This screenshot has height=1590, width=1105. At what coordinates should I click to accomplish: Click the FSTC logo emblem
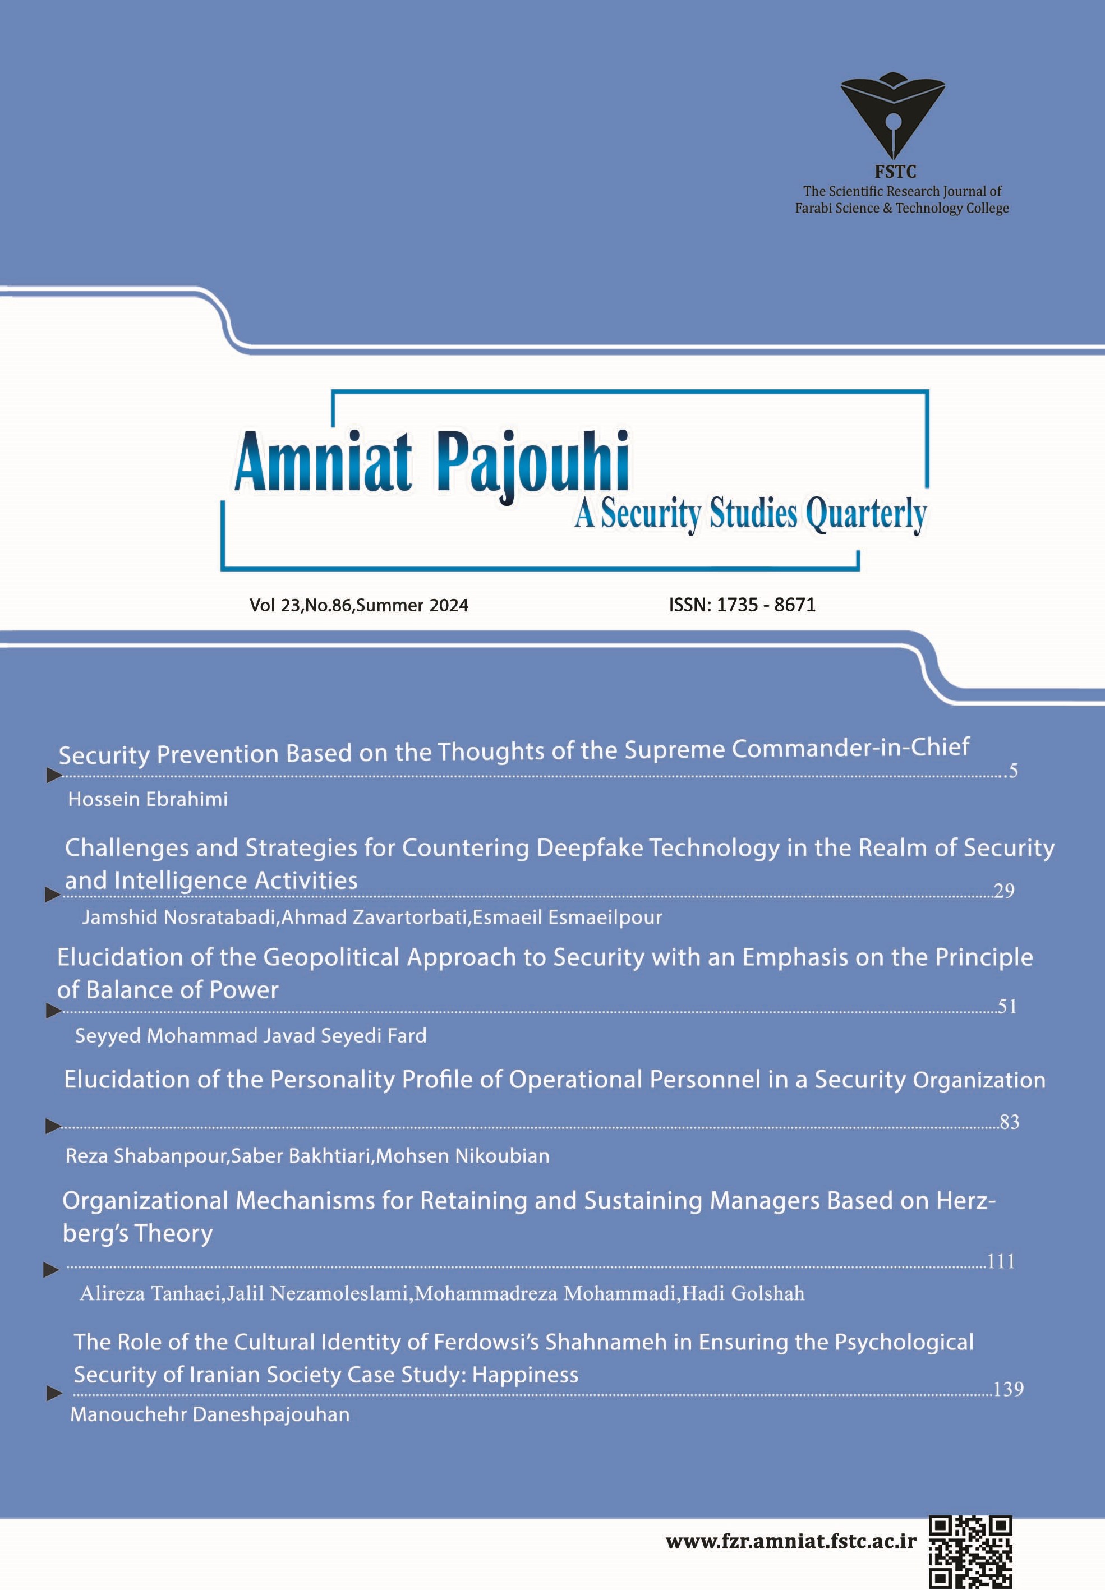click(892, 114)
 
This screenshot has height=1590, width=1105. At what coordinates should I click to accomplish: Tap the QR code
click(970, 1551)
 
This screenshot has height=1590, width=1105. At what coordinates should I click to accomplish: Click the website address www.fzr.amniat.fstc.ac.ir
click(791, 1542)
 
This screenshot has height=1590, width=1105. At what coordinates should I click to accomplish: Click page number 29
click(1003, 891)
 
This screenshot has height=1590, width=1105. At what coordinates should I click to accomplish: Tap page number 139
click(1007, 1389)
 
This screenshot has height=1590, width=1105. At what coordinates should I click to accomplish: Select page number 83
click(1009, 1122)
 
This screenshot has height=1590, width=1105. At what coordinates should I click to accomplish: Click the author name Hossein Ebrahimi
click(148, 800)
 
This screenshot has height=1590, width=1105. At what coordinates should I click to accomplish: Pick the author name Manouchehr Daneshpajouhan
click(210, 1414)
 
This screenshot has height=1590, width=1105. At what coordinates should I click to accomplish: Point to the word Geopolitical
click(331, 957)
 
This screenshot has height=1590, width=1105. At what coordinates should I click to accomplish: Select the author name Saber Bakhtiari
click(302, 1156)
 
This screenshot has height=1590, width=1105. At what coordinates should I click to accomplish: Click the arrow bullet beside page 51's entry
click(53, 1011)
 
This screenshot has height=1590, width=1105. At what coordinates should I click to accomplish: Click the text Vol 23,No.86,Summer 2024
click(358, 606)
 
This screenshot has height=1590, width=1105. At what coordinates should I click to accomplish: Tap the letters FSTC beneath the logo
click(895, 172)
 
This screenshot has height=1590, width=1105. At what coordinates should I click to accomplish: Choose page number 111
click(1001, 1261)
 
